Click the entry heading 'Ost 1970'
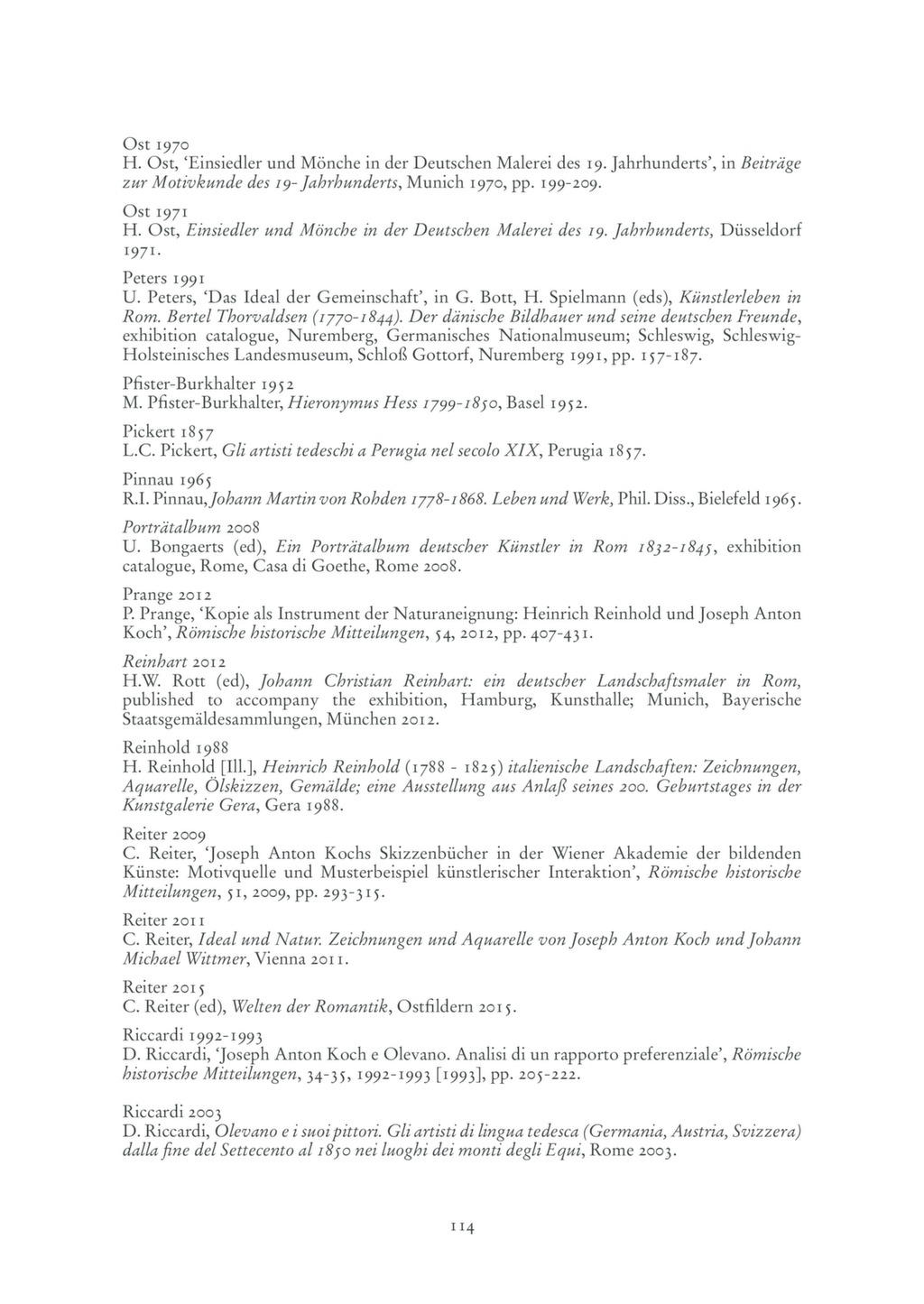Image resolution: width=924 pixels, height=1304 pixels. click(154, 143)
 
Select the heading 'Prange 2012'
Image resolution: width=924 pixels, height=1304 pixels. click(167, 595)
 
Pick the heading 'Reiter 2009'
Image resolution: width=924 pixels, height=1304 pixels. click(164, 834)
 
